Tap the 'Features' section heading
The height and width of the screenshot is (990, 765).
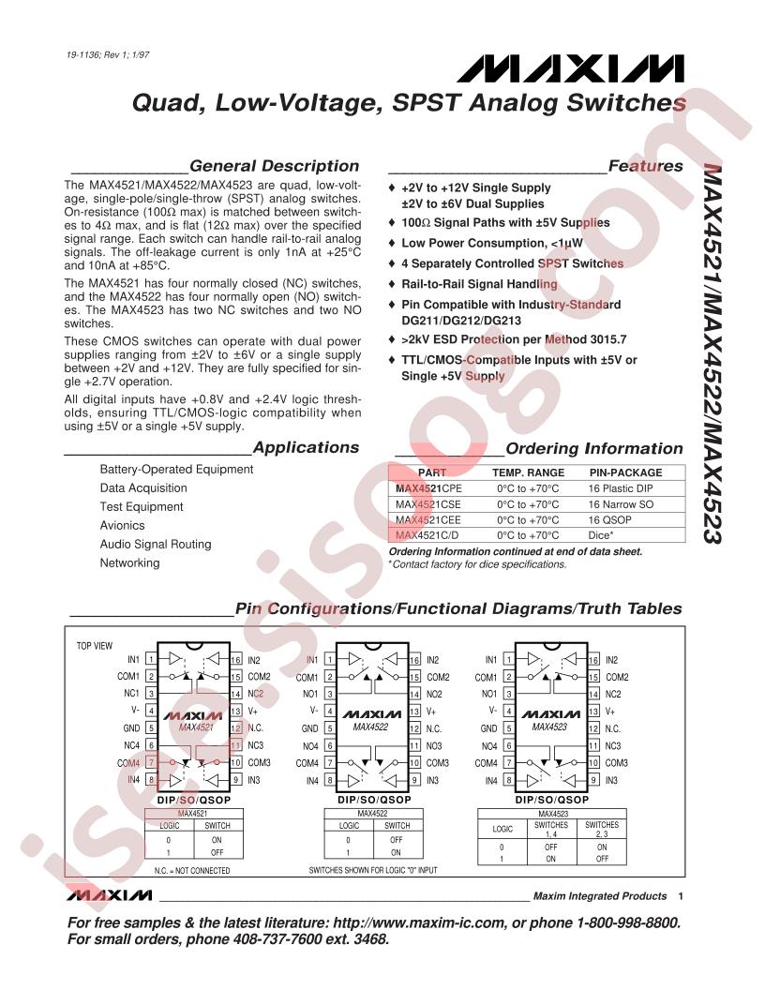tap(645, 166)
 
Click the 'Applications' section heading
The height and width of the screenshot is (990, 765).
tap(292, 447)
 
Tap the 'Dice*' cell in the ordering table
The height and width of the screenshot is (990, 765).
tap(603, 534)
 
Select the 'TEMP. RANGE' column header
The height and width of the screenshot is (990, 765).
tap(529, 472)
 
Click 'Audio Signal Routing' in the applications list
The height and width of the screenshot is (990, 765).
tap(156, 544)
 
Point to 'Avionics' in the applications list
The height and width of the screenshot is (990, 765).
tap(123, 525)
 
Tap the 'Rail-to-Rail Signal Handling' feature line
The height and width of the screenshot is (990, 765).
tap(479, 284)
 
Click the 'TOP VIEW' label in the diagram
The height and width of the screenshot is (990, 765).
tap(94, 646)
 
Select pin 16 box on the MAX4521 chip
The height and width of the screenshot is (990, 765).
tap(236, 661)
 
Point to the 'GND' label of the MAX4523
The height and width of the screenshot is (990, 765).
tap(487, 727)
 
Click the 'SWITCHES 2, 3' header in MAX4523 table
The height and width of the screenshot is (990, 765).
tap(602, 829)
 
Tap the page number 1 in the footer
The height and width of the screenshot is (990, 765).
tap(680, 896)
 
